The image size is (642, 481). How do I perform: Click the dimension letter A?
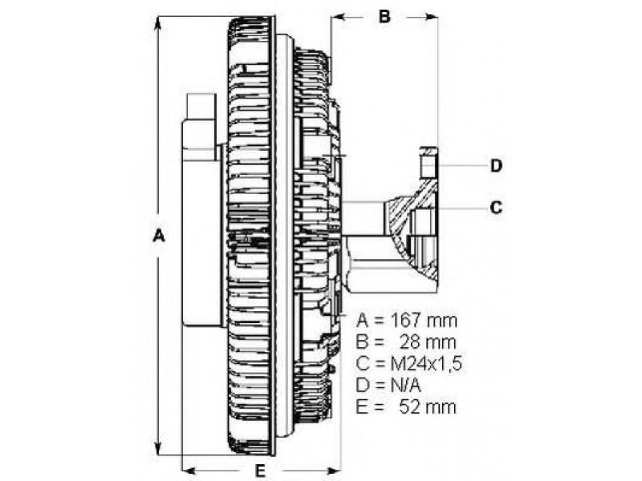[x=159, y=236]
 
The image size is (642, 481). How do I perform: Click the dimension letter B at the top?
[x=384, y=16]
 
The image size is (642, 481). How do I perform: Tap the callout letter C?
[x=496, y=208]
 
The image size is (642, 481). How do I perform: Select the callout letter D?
[x=496, y=166]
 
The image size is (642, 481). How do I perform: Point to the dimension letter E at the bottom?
[x=260, y=471]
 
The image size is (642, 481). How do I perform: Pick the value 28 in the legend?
[x=411, y=342]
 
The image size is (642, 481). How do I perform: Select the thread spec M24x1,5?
[x=427, y=363]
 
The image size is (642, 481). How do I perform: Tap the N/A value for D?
[x=405, y=385]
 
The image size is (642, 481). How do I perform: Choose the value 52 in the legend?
[x=410, y=406]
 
